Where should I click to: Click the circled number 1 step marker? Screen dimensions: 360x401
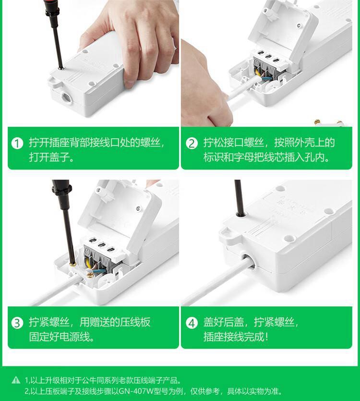17,143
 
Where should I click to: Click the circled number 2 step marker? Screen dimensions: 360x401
192,143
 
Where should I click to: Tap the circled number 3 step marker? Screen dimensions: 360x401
17,323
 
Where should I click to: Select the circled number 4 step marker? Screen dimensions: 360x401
192,323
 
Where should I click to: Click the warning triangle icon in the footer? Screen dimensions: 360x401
16,380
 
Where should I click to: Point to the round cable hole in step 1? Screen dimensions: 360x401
66,97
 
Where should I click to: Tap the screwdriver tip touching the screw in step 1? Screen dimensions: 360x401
60,68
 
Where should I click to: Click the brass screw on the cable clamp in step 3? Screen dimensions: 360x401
90,276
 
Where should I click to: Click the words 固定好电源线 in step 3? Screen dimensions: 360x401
59,336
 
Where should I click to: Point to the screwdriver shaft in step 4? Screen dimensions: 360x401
239,197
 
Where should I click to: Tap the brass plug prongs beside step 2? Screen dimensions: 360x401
329,123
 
